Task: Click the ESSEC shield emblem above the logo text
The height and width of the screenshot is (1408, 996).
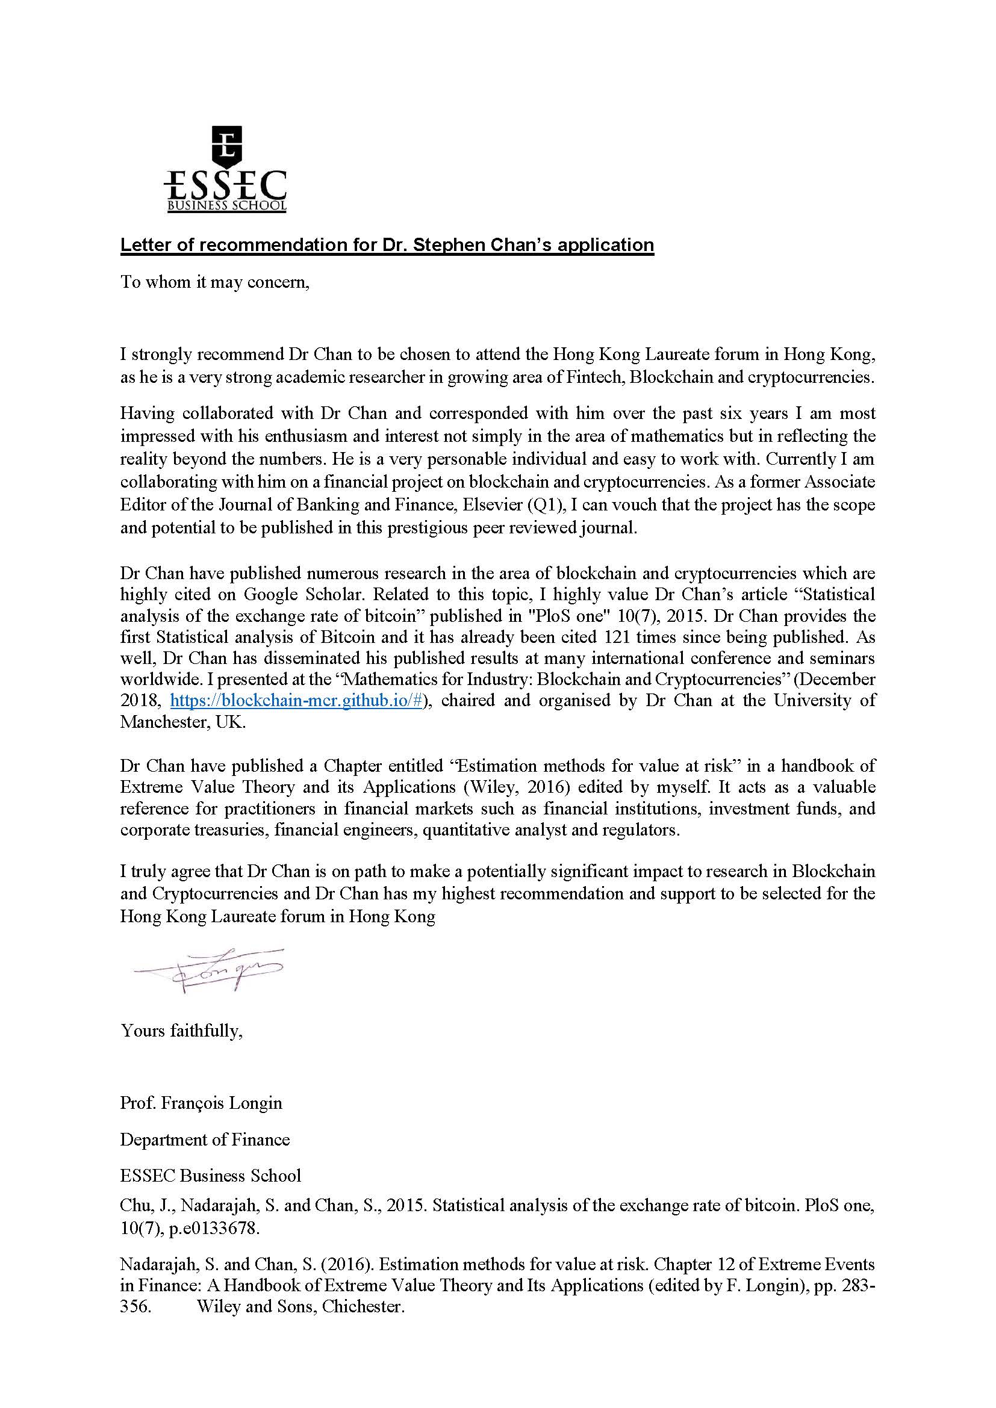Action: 226,146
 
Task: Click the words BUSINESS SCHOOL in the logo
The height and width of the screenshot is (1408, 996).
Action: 227,206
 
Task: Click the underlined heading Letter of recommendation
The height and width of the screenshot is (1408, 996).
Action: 387,244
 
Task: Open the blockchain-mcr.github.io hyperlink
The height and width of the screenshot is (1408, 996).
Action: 296,700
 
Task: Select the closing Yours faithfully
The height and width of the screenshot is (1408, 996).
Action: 181,1030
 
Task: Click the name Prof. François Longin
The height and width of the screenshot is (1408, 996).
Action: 201,1103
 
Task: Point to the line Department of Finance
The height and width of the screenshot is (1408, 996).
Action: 205,1139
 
